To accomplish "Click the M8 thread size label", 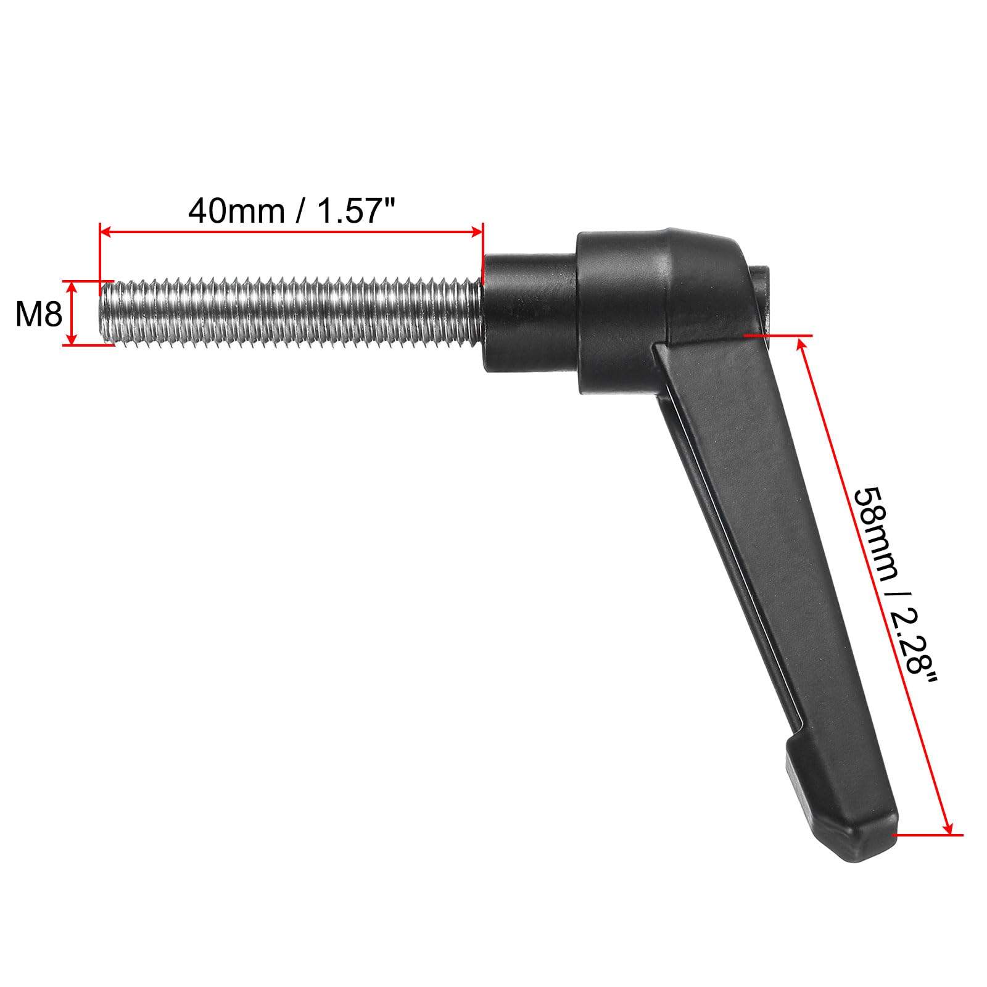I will pyautogui.click(x=39, y=315).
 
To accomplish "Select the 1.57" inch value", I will pyautogui.click(x=355, y=211).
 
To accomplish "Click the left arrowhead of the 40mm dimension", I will pyautogui.click(x=105, y=232).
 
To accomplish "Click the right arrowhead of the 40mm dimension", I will pyautogui.click(x=477, y=232).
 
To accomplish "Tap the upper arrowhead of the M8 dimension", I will pyautogui.click(x=72, y=287).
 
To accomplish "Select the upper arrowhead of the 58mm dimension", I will pyautogui.click(x=803, y=342).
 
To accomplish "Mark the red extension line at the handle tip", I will pyautogui.click(x=928, y=835).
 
